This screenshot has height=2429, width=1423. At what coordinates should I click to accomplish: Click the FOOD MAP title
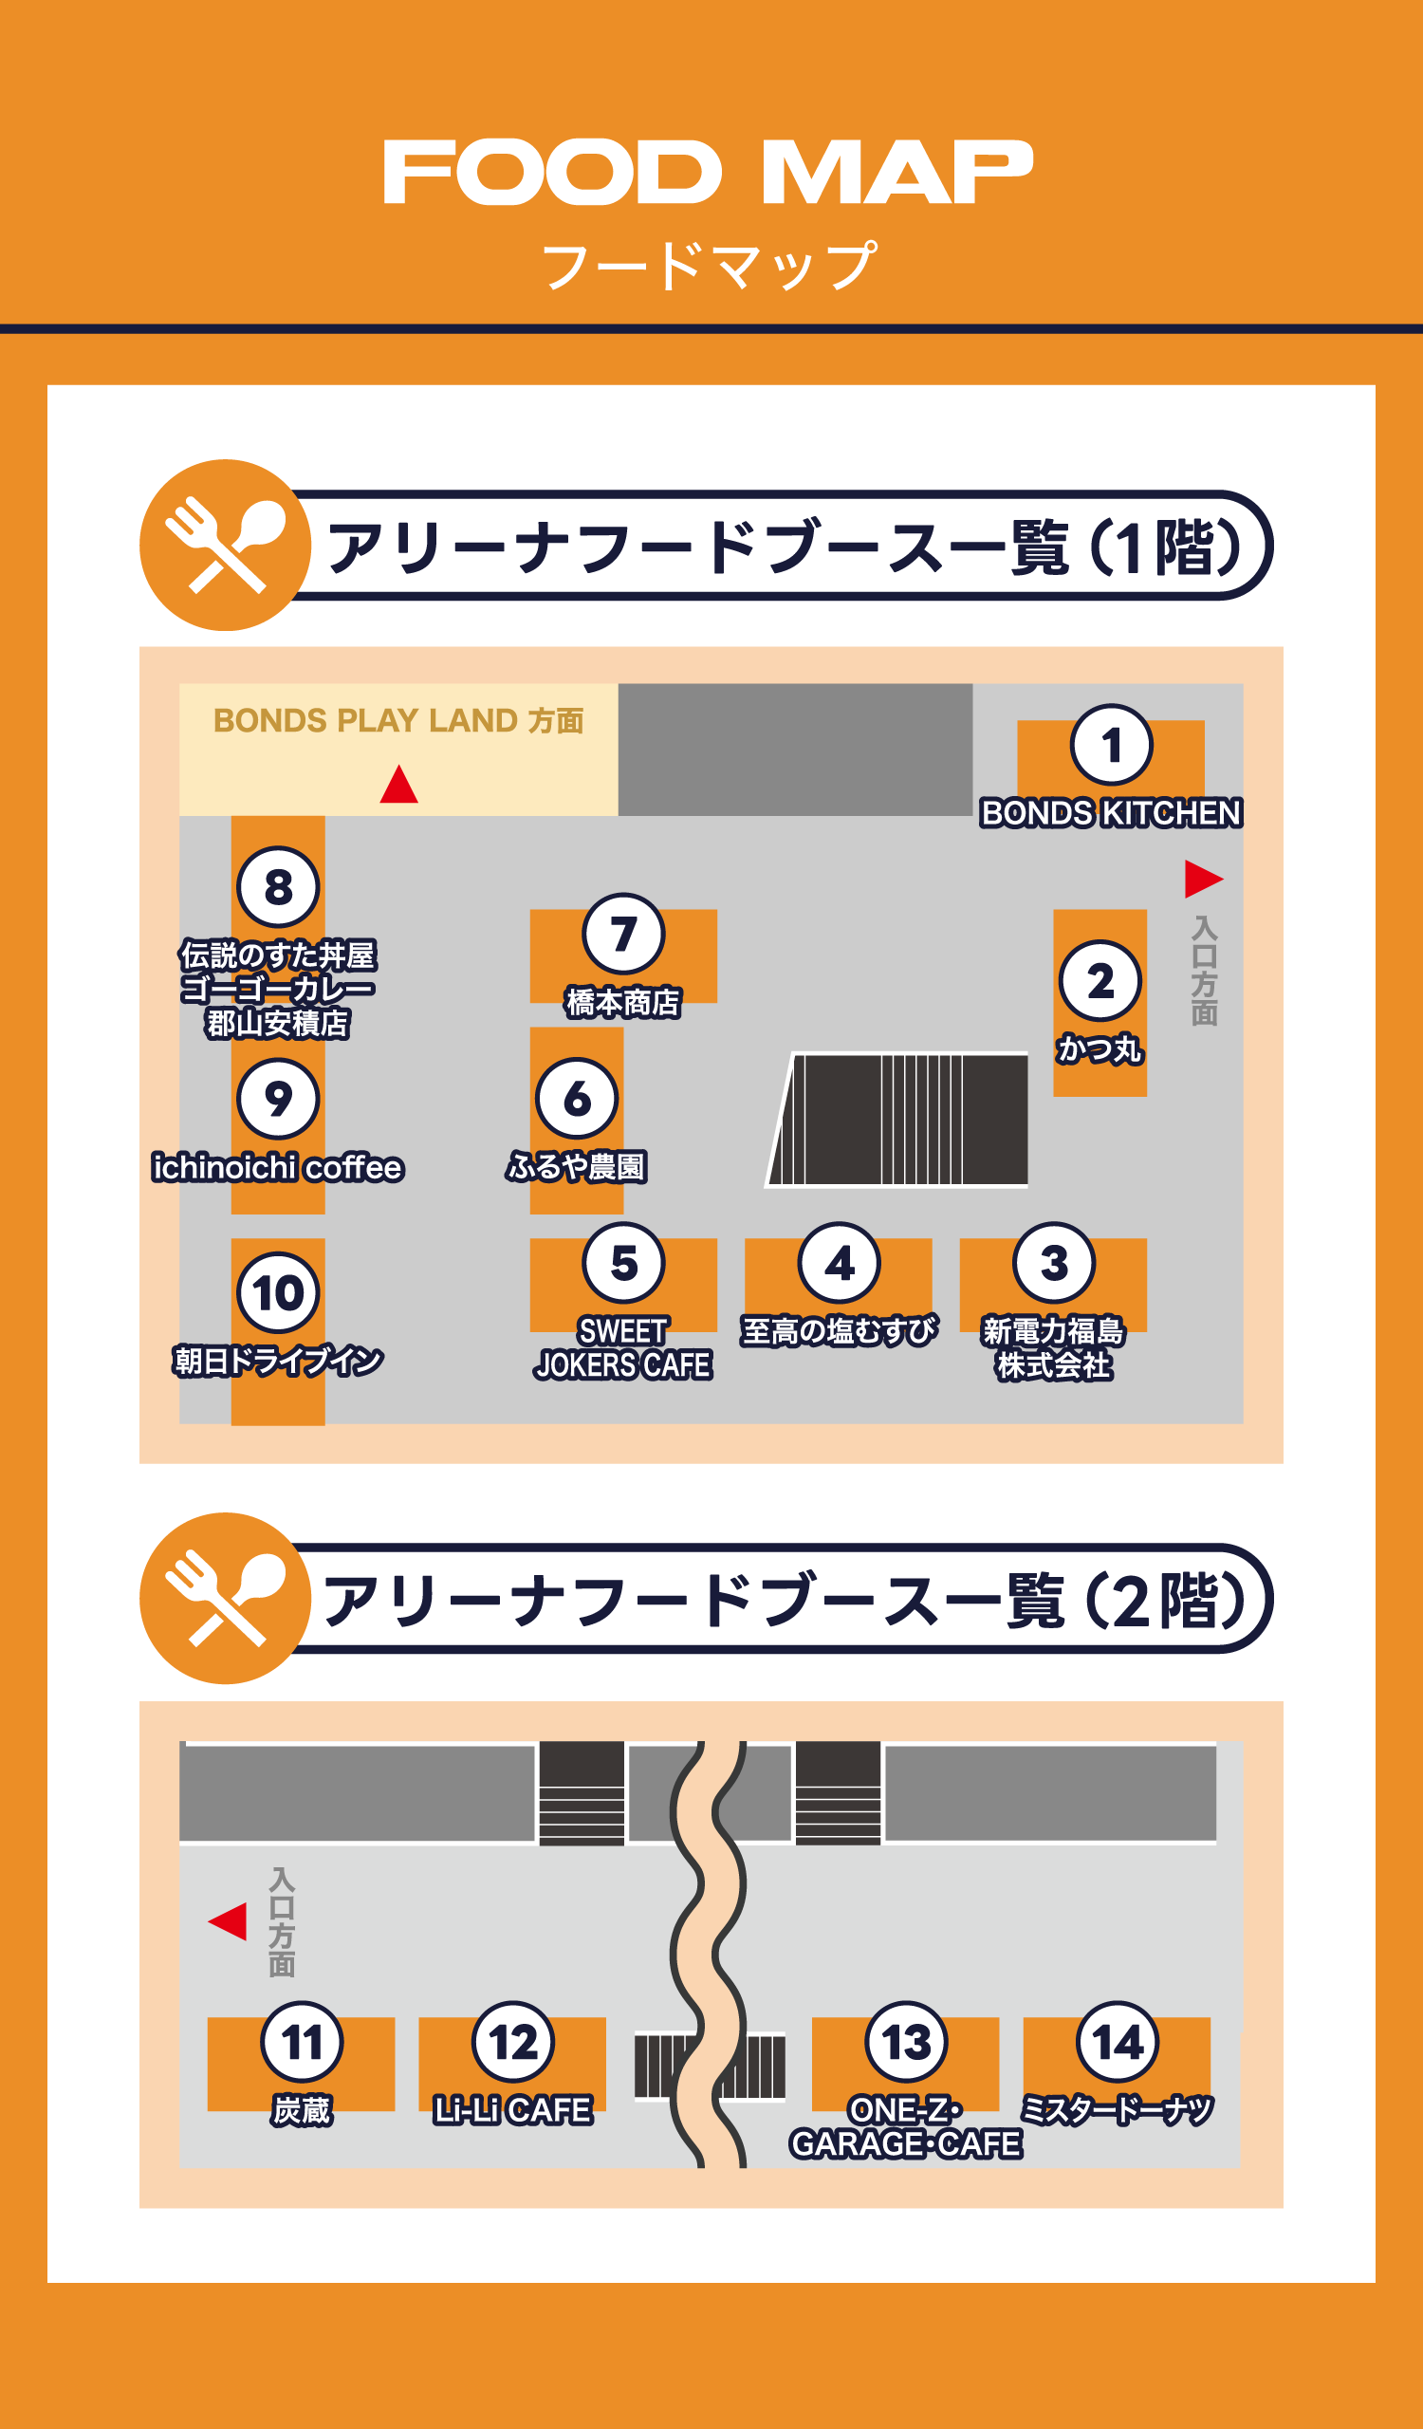pyautogui.click(x=708, y=173)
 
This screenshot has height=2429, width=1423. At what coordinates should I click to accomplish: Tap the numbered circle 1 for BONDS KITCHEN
pyautogui.click(x=1111, y=745)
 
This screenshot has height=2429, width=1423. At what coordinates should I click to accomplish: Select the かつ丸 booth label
pyautogui.click(x=1100, y=1048)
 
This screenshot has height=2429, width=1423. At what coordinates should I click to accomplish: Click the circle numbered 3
pyautogui.click(x=1053, y=1263)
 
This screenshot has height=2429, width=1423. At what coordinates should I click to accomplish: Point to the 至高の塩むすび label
pyautogui.click(x=839, y=1331)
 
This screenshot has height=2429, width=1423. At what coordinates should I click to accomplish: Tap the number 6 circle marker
pyautogui.click(x=576, y=1098)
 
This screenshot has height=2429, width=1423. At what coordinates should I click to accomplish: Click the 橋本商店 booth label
pyautogui.click(x=623, y=1003)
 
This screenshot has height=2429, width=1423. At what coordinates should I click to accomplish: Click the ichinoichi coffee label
pyautogui.click(x=277, y=1167)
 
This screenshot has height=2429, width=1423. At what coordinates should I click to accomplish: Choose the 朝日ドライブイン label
pyautogui.click(x=277, y=1361)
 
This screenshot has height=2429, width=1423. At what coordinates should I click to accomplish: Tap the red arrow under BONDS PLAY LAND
pyautogui.click(x=398, y=785)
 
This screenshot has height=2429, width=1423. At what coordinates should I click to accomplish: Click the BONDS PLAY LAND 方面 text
pyautogui.click(x=397, y=721)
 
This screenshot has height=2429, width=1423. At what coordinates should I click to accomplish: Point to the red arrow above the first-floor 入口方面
pyautogui.click(x=1202, y=878)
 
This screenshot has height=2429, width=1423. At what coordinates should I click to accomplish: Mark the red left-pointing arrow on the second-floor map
pyautogui.click(x=229, y=1921)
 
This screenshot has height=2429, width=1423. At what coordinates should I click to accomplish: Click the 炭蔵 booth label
pyautogui.click(x=302, y=2111)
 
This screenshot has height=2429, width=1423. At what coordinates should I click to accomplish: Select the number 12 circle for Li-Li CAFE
pyautogui.click(x=512, y=2043)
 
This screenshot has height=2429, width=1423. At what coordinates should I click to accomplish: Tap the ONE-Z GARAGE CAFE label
pyautogui.click(x=906, y=2127)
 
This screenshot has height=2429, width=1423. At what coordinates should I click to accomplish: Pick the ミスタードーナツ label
pyautogui.click(x=1117, y=2111)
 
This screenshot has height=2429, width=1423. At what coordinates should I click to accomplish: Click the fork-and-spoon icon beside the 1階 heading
pyautogui.click(x=226, y=546)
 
